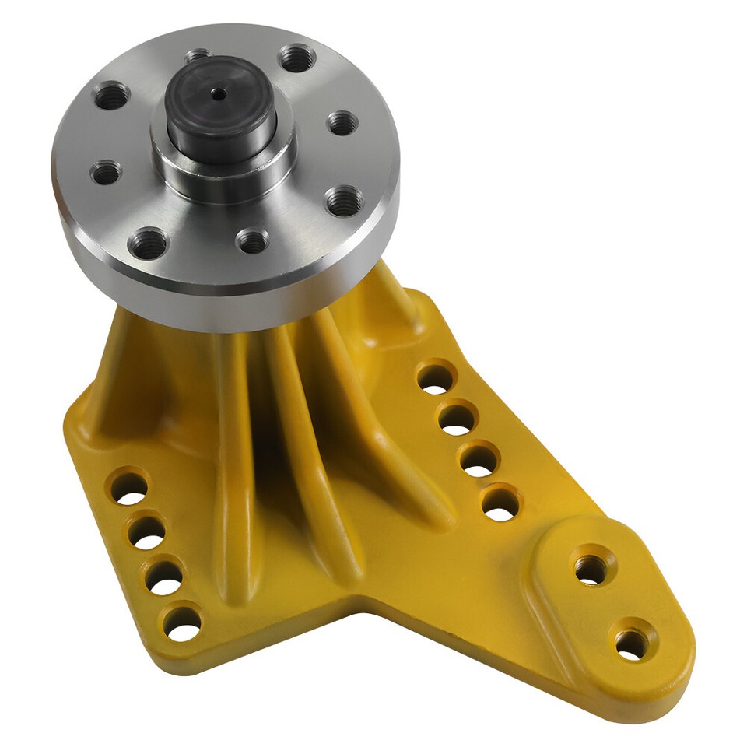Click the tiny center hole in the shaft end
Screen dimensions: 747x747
(220, 94)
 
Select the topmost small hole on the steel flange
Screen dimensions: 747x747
(198, 56)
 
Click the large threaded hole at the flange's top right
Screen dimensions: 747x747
(296, 58)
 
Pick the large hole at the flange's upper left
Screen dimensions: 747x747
(110, 97)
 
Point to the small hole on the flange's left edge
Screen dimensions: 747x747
(106, 172)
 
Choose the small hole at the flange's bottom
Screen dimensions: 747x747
(252, 240)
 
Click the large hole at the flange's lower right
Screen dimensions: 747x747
(343, 201)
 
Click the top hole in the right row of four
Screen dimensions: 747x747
(436, 378)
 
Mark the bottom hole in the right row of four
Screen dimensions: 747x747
(500, 504)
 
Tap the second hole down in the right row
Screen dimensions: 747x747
(458, 419)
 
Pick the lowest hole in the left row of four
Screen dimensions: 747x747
(182, 622)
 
